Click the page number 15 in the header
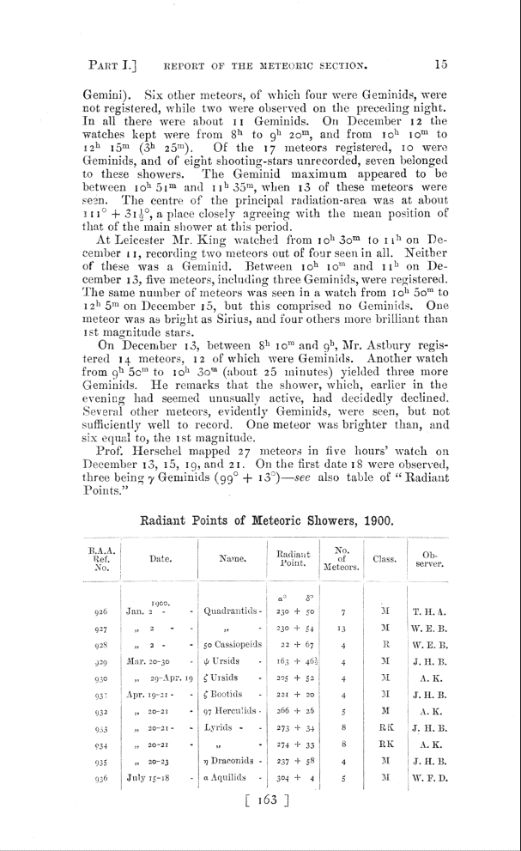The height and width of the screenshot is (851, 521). pos(442,63)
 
